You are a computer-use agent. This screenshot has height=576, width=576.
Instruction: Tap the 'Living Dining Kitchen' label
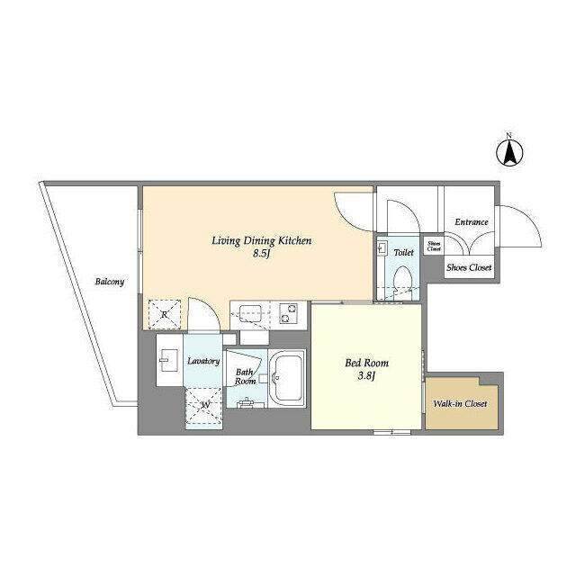[x=261, y=240]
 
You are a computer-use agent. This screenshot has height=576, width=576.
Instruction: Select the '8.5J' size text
[x=263, y=255]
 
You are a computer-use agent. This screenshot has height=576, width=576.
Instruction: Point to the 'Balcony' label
[x=110, y=282]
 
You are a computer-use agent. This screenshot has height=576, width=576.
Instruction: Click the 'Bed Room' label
[x=366, y=364]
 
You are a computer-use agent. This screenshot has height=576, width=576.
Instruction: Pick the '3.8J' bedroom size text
[x=366, y=378]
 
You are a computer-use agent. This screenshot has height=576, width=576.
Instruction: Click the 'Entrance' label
[x=471, y=222]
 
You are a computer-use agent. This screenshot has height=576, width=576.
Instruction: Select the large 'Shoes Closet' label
[x=470, y=267]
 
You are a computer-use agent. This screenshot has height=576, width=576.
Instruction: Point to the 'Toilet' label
[x=404, y=254]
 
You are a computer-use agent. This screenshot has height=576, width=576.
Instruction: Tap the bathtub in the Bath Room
[x=288, y=378]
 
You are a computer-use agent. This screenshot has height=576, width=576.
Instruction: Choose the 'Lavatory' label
[x=203, y=362]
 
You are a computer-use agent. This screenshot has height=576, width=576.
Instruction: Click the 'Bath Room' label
[x=245, y=376]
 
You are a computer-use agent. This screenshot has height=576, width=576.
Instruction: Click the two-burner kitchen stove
[x=291, y=313]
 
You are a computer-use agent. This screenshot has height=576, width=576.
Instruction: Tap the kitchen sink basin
[x=249, y=313]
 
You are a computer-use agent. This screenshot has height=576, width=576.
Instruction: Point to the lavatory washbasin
[x=168, y=364]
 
